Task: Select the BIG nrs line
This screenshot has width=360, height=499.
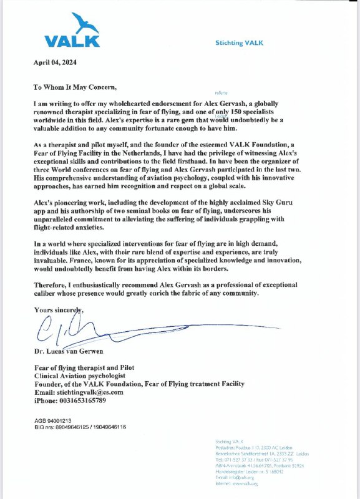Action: coord(80,427)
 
